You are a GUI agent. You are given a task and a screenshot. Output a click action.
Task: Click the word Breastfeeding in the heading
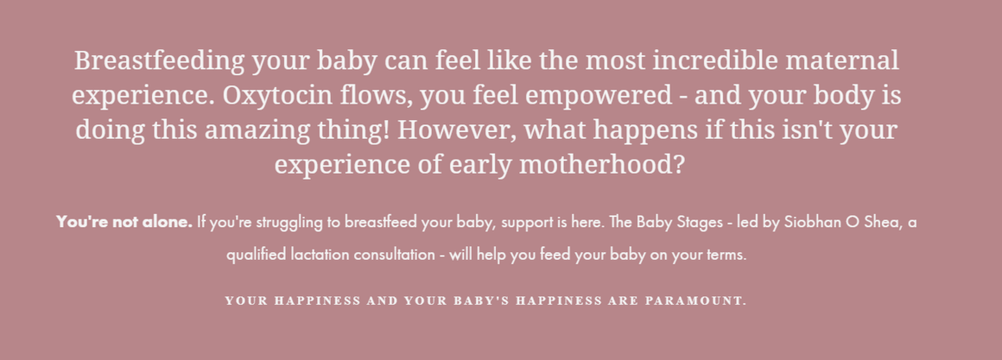coord(159,61)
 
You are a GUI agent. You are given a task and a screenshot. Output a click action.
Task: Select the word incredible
coord(715,60)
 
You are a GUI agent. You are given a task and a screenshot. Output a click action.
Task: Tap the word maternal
coord(842,61)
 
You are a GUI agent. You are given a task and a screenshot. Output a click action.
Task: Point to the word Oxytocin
coord(277,96)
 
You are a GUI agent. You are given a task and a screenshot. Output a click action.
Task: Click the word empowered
coord(599,96)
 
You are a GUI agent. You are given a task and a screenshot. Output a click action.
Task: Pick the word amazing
coord(257,131)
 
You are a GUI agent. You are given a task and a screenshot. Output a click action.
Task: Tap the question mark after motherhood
coord(679,164)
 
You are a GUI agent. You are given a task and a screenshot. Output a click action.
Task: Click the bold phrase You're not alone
coord(124,222)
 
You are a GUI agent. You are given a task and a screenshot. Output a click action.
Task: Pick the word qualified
coord(256,256)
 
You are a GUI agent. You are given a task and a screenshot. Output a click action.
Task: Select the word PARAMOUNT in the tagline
coord(696,301)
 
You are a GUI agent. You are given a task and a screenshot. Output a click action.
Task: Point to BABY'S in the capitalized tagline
coord(482,301)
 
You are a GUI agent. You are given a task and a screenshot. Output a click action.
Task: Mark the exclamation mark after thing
coord(387,129)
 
